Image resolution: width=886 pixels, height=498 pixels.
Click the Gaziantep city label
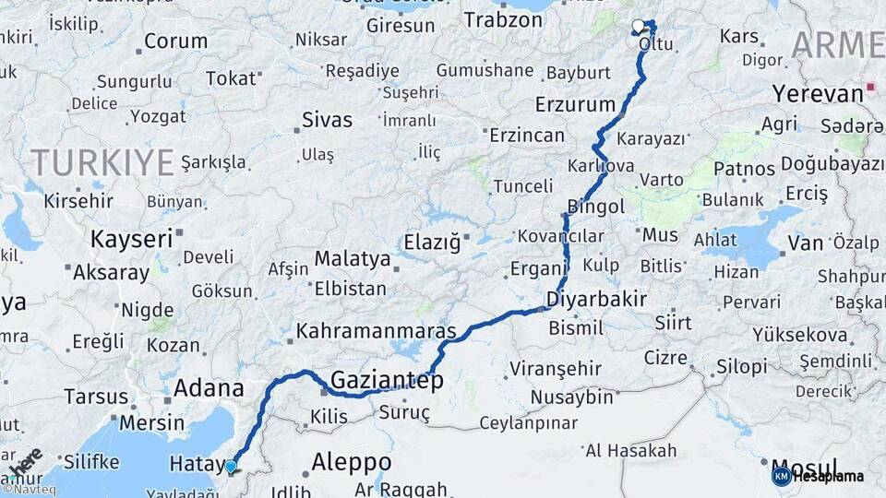(387, 380)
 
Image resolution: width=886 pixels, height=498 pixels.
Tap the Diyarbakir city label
(596, 299)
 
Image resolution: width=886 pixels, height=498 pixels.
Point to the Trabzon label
(503, 19)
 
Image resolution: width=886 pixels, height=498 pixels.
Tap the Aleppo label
(352, 461)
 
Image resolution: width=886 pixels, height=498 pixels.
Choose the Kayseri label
(131, 240)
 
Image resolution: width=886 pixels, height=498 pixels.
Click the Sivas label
(328, 120)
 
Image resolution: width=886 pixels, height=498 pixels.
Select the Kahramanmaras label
(377, 330)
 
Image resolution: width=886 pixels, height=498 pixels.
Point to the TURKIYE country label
(102, 163)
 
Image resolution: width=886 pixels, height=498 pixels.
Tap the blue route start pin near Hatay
(231, 467)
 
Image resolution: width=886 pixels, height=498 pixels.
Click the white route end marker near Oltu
(638, 26)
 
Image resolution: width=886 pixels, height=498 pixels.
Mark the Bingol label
(596, 206)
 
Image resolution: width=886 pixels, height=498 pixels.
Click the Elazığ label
(431, 243)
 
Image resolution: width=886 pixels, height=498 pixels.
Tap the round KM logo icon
(781, 476)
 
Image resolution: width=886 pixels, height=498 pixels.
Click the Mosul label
(806, 466)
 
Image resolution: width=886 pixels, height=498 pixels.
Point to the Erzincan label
(527, 136)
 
